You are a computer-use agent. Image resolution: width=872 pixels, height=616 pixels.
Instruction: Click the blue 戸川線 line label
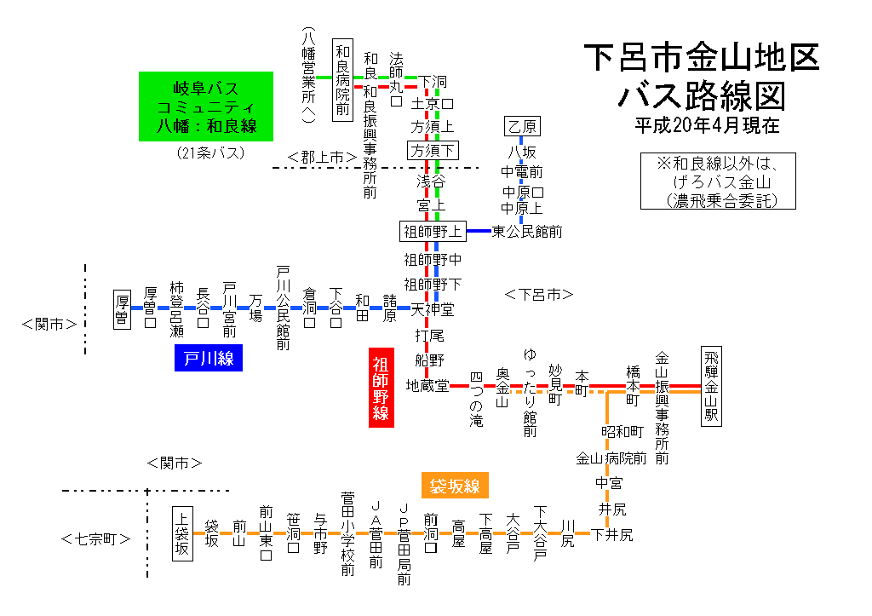point(209,358)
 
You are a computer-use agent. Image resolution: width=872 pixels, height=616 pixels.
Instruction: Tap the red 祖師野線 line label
point(381,388)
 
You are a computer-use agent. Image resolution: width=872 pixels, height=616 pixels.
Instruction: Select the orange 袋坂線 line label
point(455,486)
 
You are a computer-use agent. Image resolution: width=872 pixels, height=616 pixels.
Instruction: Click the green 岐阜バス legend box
point(206,107)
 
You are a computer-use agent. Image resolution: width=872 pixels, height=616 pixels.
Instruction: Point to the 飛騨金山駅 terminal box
point(711,386)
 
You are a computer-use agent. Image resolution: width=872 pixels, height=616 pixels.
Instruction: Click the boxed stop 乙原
point(522,126)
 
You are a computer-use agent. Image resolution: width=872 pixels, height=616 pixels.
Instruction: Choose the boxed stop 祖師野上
point(433,232)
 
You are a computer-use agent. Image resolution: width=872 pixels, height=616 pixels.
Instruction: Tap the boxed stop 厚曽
point(122,309)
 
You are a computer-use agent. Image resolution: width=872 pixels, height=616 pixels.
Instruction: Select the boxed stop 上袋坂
point(182,533)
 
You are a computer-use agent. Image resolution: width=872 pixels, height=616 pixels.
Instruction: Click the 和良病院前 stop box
point(342,79)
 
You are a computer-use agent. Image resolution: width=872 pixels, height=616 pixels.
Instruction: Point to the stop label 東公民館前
point(526,232)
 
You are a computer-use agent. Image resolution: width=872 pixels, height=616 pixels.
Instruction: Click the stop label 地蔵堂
point(427,386)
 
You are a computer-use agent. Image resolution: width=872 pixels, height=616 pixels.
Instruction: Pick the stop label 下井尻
point(611,535)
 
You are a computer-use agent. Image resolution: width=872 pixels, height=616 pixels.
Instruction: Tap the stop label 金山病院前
point(611,458)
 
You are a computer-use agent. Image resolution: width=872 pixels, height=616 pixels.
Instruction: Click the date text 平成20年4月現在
point(708,125)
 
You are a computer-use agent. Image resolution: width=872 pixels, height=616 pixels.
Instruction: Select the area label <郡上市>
point(322,158)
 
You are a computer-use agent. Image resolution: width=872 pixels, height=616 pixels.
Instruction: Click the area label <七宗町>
point(95,538)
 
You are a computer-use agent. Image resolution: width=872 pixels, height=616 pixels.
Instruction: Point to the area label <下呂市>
point(539,294)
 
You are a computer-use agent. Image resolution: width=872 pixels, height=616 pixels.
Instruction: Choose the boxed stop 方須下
point(433,150)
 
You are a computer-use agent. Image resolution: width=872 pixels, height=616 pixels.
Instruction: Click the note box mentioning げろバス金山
point(718,181)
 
